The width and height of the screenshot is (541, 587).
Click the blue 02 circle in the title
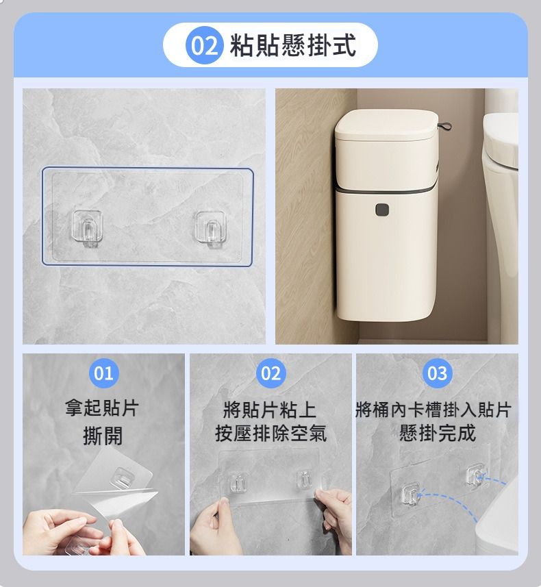pyautogui.click(x=205, y=45)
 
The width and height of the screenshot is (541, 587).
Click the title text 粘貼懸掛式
pyautogui.click(x=292, y=45)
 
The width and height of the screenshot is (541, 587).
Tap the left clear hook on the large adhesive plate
pyautogui.click(x=86, y=228)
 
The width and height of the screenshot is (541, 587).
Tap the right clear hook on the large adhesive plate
pyautogui.click(x=211, y=228)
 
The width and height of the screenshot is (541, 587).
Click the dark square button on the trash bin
pyautogui.click(x=382, y=210)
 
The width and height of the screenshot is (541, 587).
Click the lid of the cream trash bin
pyautogui.click(x=386, y=125)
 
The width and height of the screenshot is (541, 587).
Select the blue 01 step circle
pyautogui.click(x=103, y=373)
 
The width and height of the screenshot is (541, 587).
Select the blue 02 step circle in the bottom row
pyautogui.click(x=270, y=373)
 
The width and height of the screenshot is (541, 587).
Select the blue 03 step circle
pyautogui.click(x=438, y=373)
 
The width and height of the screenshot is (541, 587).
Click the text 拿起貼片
pyautogui.click(x=102, y=408)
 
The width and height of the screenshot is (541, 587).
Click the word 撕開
pyautogui.click(x=103, y=436)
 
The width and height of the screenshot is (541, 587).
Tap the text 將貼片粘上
pyautogui.click(x=270, y=410)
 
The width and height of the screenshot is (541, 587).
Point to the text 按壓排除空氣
pyautogui.click(x=270, y=433)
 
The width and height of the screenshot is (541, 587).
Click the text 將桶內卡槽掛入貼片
pyautogui.click(x=433, y=409)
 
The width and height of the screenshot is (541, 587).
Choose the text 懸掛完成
pyautogui.click(x=438, y=433)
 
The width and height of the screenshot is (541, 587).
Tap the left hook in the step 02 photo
pyautogui.click(x=238, y=482)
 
